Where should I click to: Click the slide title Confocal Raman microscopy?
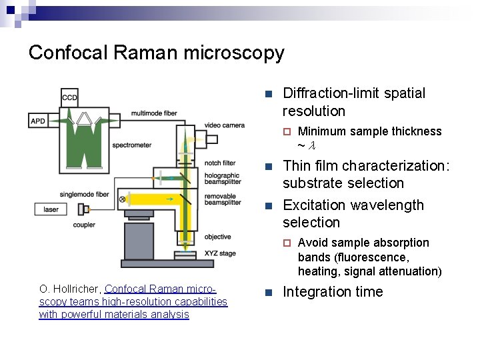coord(156,53)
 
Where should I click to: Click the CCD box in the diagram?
coord(69,97)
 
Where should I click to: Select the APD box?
coord(39,121)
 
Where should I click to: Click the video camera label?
coord(224,125)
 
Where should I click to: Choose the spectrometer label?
coord(131,145)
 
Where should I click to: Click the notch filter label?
coord(219,163)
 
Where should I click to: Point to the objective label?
coord(218,237)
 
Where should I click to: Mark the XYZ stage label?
coord(219,253)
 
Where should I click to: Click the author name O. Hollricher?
coord(70,289)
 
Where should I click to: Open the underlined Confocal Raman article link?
coord(133,302)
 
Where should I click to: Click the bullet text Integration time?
coord(333,292)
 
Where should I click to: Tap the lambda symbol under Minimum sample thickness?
coord(311,145)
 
